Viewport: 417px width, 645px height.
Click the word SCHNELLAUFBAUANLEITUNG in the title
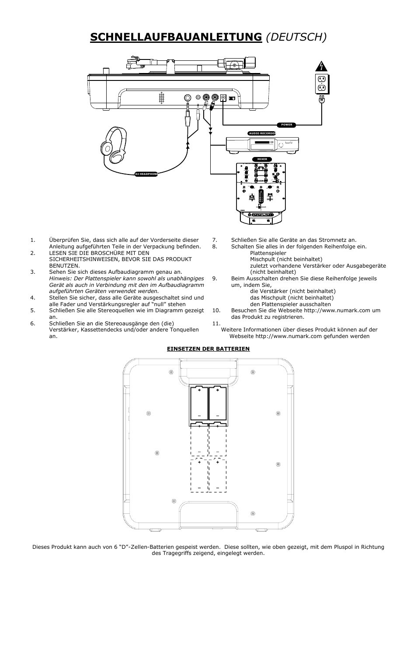(175, 37)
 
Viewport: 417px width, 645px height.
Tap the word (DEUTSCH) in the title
(295, 37)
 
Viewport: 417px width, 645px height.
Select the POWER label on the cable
(287, 125)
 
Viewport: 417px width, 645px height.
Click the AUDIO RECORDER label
(262, 133)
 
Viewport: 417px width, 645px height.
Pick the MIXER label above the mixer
(262, 159)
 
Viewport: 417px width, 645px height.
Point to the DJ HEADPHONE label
(146, 174)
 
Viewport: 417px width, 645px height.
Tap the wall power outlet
(322, 84)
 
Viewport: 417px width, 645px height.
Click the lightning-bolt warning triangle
(321, 66)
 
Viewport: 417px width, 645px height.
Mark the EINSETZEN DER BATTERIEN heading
(208, 349)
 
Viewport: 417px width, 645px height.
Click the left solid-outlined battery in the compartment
(199, 403)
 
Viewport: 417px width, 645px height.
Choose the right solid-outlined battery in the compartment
(218, 403)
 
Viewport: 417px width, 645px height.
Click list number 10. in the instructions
(216, 310)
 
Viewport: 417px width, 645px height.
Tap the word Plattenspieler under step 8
(268, 253)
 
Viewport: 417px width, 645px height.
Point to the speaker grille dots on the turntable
(161, 98)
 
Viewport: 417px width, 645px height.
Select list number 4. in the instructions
(33, 298)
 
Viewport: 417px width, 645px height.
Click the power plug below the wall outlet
(321, 100)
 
